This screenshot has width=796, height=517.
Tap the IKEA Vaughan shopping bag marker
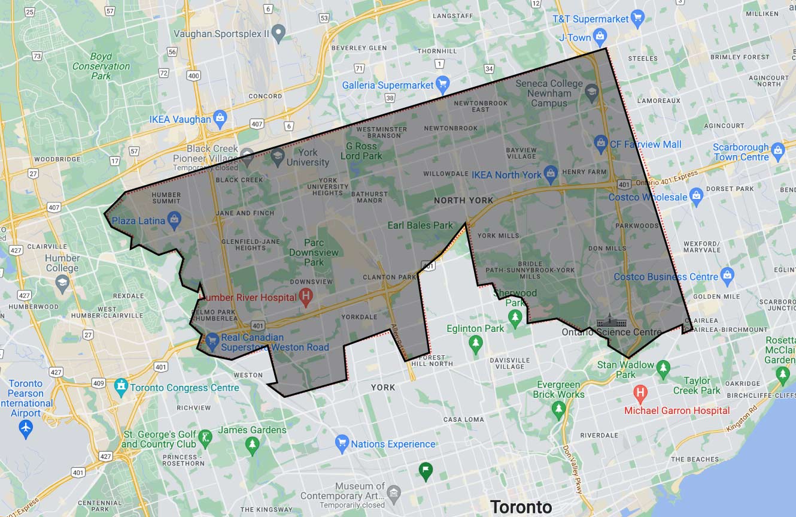pos(220,117)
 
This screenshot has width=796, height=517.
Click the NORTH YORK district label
pos(464,200)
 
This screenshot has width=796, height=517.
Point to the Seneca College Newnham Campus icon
pos(591,91)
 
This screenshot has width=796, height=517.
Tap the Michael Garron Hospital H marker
pos(640,394)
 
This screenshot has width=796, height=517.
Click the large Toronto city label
pos(521,507)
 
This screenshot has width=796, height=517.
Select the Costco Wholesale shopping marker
pos(695,195)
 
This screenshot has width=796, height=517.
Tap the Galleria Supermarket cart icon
pos(442,83)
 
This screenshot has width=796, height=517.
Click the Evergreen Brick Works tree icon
pos(558,409)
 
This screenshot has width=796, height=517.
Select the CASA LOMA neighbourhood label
pos(463,419)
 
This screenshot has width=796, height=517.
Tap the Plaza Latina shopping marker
pos(174,219)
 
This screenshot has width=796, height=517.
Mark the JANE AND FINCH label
pos(245,213)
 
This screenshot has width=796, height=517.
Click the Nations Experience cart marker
pos(342,443)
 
